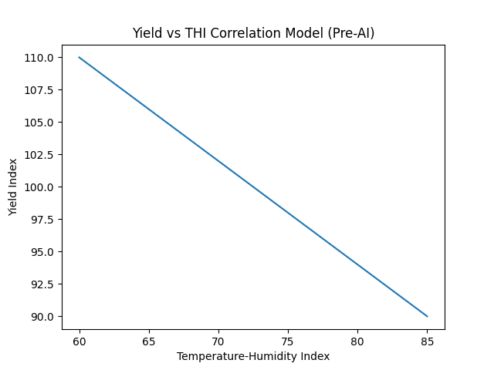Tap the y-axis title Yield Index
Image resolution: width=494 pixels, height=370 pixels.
(13, 187)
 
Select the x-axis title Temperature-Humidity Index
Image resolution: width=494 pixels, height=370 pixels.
(253, 356)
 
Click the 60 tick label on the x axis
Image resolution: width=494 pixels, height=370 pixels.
(80, 340)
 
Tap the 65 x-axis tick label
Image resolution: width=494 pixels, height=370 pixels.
(149, 340)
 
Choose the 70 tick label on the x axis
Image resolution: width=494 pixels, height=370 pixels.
(218, 340)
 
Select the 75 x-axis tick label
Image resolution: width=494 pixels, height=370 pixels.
(288, 340)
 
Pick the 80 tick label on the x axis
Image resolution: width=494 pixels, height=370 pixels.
(357, 340)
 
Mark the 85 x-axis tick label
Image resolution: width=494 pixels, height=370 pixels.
(427, 340)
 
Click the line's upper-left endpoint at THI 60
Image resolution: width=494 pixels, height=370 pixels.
(80, 57)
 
